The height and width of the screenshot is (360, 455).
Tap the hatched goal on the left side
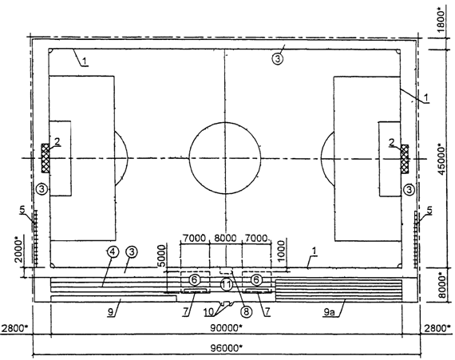[x=45, y=158]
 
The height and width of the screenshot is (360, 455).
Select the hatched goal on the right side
[x=405, y=159]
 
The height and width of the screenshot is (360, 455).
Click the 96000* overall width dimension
[x=227, y=347]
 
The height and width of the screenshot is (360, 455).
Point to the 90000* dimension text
[x=227, y=328]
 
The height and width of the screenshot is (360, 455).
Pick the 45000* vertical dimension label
[x=443, y=159]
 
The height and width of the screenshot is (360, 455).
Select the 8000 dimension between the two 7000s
[x=225, y=238]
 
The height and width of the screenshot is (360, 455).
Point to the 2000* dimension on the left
[x=18, y=251]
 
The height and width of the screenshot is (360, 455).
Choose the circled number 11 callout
[x=226, y=285]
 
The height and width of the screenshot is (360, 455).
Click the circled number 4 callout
[x=113, y=251]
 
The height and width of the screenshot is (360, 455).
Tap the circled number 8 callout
[x=246, y=311]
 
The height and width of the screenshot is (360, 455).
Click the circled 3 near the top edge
[x=278, y=59]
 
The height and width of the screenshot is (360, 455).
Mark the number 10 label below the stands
[x=208, y=312]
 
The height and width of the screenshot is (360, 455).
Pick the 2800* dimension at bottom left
[x=14, y=328]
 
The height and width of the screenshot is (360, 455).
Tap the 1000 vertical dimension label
[x=281, y=251]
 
